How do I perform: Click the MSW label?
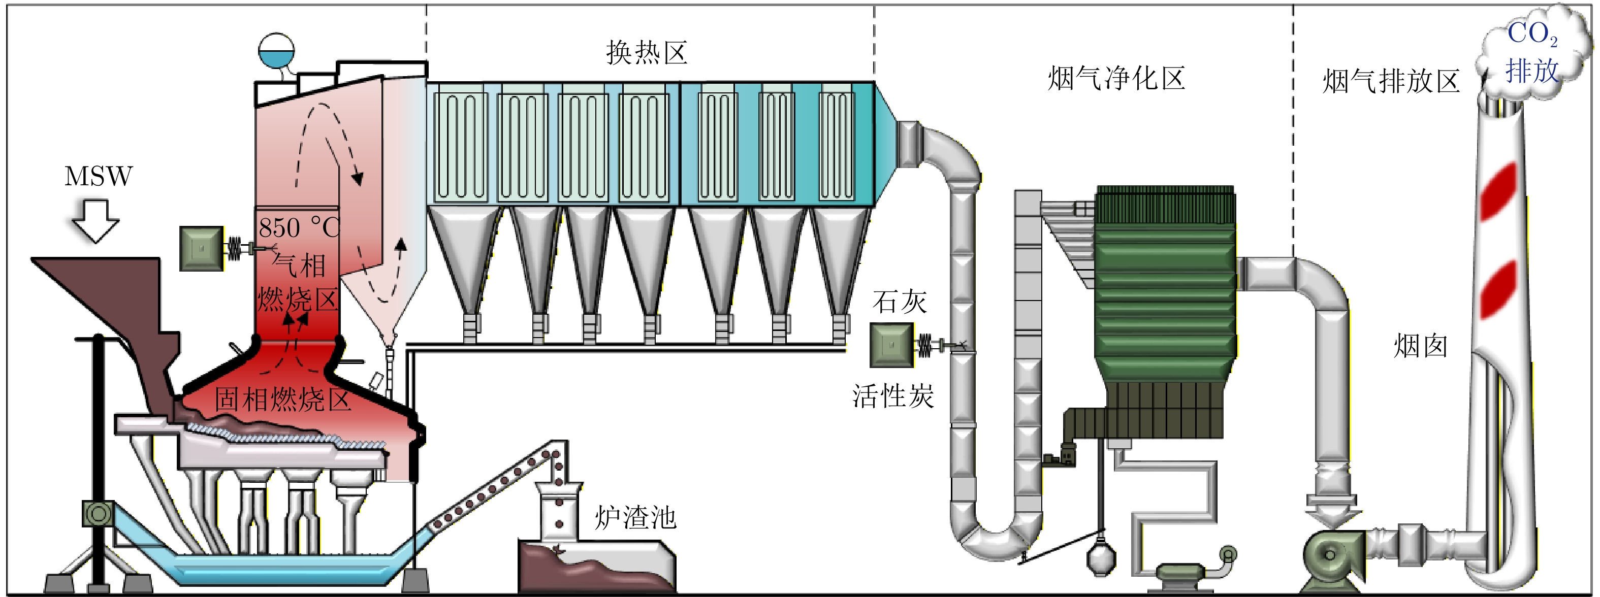tap(98, 176)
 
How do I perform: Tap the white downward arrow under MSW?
tap(95, 221)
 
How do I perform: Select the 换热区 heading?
tap(647, 53)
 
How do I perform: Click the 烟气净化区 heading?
tap(1116, 79)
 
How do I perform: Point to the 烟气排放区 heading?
tap(1391, 81)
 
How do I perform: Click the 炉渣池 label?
tap(635, 517)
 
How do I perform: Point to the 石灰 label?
tap(900, 302)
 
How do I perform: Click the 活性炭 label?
tap(892, 396)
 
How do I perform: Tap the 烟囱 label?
tap(1421, 346)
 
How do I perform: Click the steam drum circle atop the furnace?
tap(276, 50)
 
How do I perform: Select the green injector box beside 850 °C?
tap(201, 248)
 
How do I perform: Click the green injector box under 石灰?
tap(891, 345)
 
